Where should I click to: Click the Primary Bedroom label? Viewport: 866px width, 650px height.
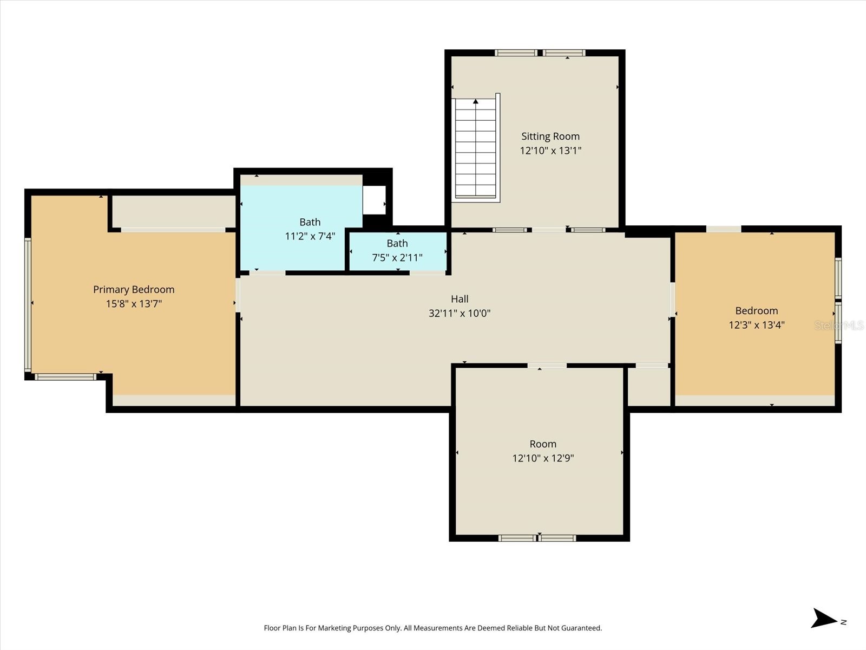click(x=134, y=290)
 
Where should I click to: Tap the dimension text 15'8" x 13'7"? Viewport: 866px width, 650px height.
click(x=134, y=304)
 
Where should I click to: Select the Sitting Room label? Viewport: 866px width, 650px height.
click(x=550, y=136)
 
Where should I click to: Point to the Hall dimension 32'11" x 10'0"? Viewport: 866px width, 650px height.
click(x=460, y=313)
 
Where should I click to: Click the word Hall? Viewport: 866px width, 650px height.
click(x=460, y=299)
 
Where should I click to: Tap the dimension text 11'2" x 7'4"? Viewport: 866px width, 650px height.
click(x=310, y=236)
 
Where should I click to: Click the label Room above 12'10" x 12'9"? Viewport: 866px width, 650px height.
click(x=543, y=444)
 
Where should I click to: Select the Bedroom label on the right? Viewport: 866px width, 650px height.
click(x=756, y=311)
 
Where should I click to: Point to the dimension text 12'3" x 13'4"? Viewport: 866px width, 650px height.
click(x=756, y=325)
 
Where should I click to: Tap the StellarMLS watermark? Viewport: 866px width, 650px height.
click(x=839, y=325)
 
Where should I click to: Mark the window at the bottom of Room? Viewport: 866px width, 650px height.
click(x=537, y=538)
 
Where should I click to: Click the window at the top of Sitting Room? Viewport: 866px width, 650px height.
click(x=540, y=53)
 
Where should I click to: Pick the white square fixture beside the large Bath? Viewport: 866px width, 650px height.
click(x=374, y=200)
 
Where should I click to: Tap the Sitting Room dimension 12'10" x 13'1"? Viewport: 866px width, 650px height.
click(x=550, y=151)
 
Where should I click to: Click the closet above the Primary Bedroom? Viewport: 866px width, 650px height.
click(x=173, y=211)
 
